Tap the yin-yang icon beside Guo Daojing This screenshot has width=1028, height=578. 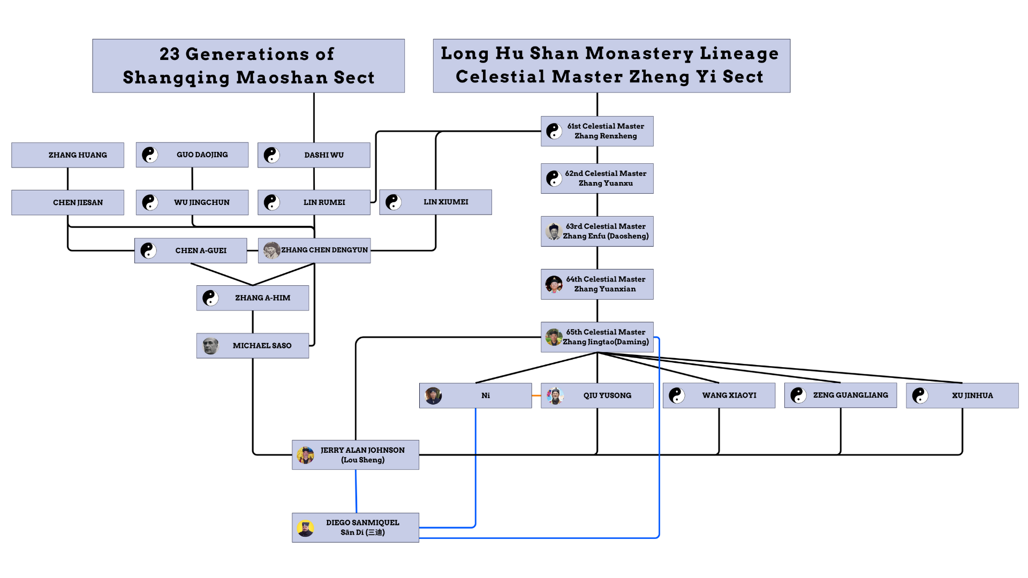point(150,155)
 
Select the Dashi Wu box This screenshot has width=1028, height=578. point(314,155)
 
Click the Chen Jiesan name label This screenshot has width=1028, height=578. point(78,203)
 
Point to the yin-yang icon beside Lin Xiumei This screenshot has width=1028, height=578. point(394,202)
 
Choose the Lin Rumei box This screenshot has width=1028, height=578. point(314,203)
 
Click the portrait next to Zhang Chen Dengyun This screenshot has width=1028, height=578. point(271,250)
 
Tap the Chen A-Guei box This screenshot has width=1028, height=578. point(191,250)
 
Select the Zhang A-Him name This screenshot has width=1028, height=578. point(262,298)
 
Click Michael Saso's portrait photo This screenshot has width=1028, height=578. point(210,346)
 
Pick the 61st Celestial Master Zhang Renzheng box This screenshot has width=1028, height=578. point(597,131)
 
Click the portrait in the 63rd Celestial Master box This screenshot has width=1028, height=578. point(554,231)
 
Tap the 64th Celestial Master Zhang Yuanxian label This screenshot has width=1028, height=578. point(606,284)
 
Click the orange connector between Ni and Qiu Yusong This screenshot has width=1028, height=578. point(536,396)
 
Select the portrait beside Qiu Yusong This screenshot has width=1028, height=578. point(555,396)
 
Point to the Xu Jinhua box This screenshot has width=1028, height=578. point(962,396)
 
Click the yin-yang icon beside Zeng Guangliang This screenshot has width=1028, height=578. point(798,396)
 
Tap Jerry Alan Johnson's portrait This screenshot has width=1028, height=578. point(306,455)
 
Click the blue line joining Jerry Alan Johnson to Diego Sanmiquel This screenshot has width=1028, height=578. point(356,491)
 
